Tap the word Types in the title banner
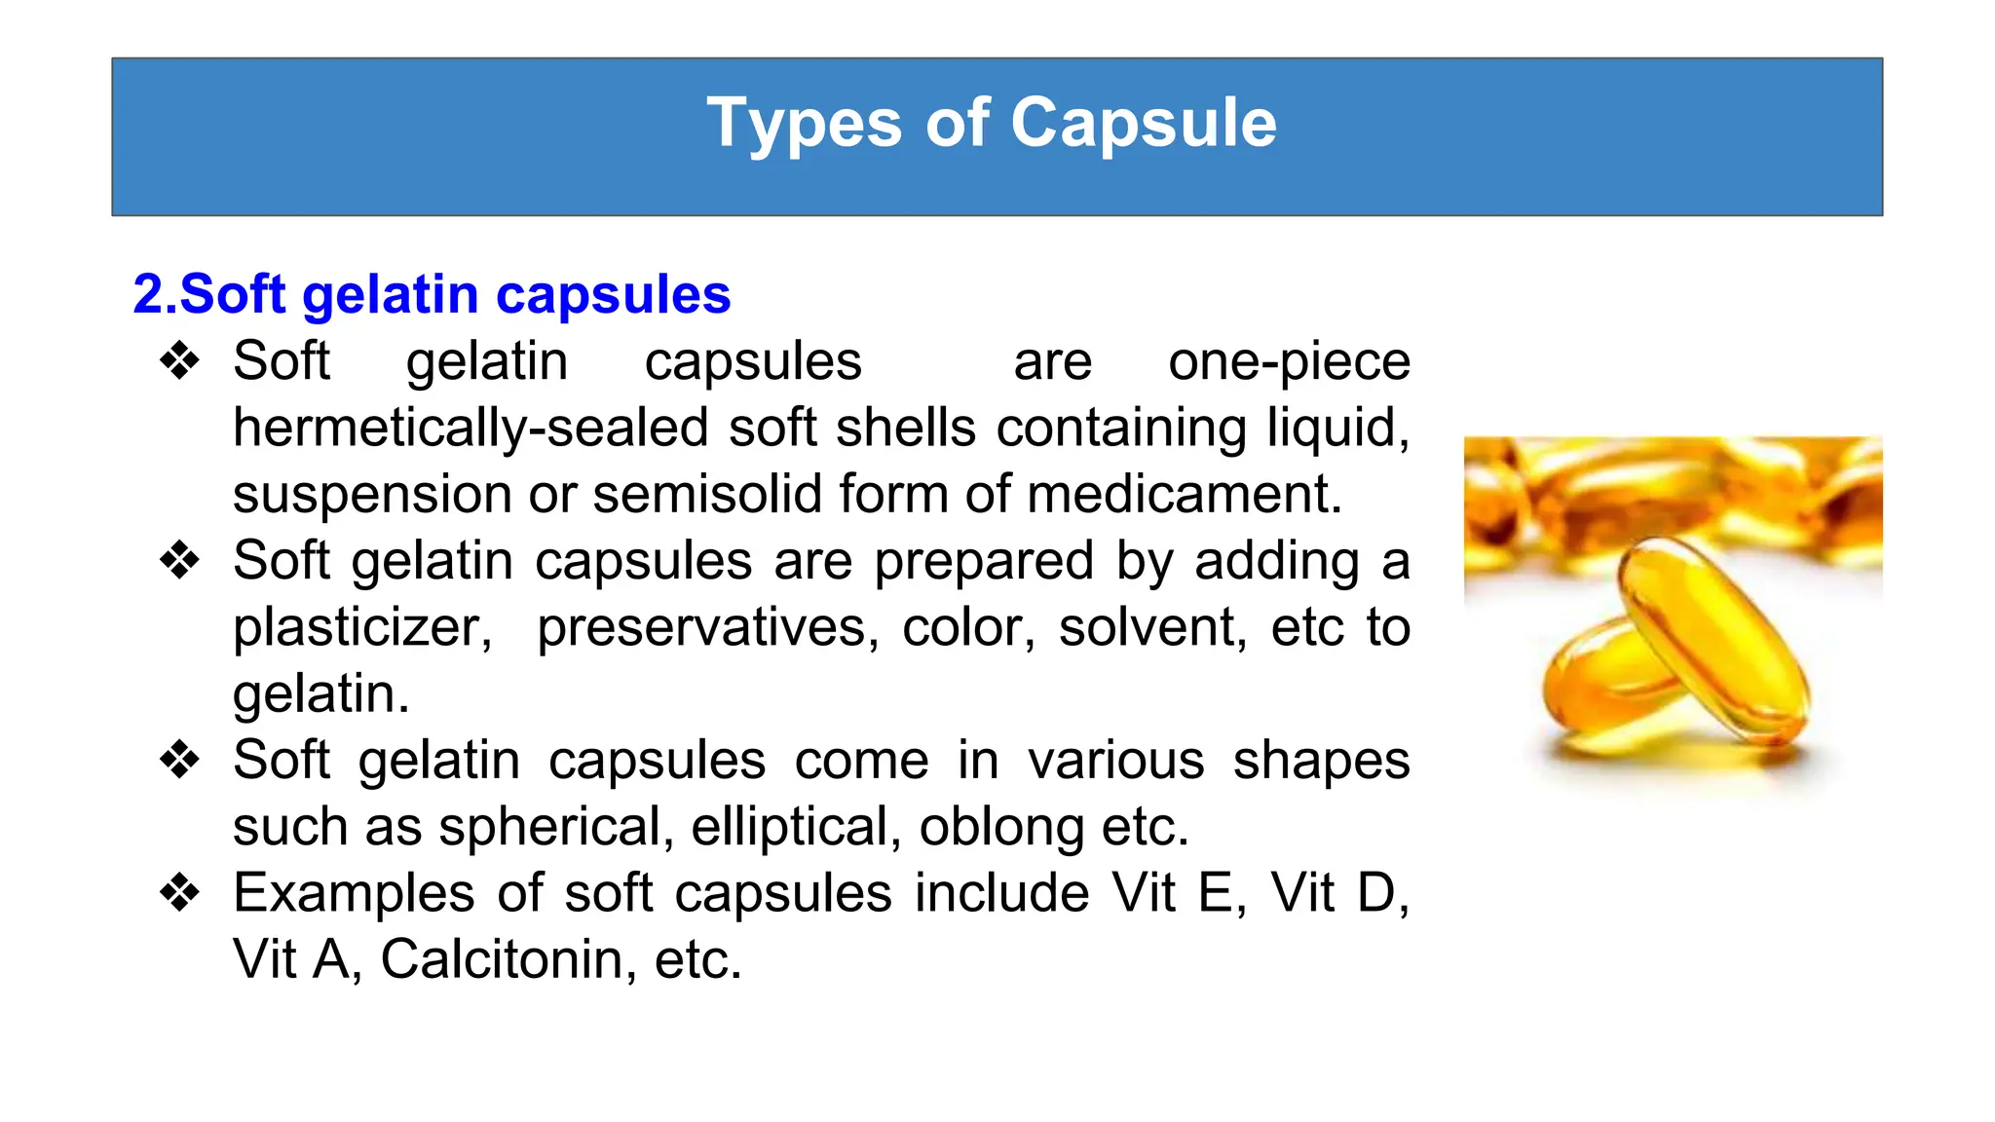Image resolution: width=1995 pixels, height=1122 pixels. coord(805,124)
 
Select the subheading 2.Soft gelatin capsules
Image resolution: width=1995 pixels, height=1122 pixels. coord(432,294)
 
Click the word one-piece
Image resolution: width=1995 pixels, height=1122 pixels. coord(1289,362)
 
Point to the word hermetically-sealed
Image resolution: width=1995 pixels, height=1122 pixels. coord(471,429)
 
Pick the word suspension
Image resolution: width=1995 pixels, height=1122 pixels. coord(370,495)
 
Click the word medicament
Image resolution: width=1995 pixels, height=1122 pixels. coord(1184,495)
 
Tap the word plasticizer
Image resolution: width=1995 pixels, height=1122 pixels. coord(361,628)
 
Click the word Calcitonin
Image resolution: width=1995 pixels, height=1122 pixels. coord(507,959)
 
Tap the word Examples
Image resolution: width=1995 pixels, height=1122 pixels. coord(355,893)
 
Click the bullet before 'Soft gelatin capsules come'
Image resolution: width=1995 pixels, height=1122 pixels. coord(180,761)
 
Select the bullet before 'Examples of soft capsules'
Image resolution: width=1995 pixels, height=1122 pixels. coord(180,893)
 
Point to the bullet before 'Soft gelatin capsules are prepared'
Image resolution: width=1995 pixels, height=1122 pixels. coord(180,561)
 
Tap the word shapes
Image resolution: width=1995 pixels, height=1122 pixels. coord(1321,761)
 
